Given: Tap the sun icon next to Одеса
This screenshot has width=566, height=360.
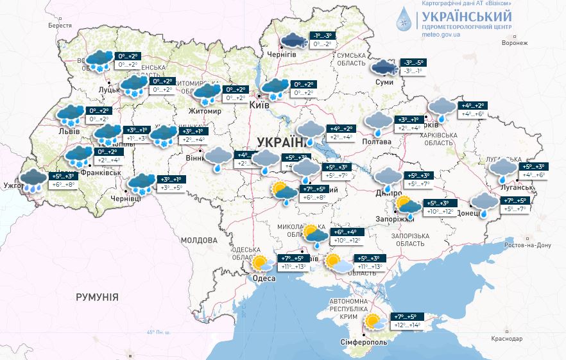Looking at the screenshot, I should [260, 263].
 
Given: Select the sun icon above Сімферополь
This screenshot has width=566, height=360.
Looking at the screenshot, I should [372, 321].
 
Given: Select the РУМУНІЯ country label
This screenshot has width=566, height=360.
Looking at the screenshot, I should [97, 297].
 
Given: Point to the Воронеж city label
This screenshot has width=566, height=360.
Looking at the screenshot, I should [515, 42].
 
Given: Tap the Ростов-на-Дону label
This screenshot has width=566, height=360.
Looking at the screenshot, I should [526, 245].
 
